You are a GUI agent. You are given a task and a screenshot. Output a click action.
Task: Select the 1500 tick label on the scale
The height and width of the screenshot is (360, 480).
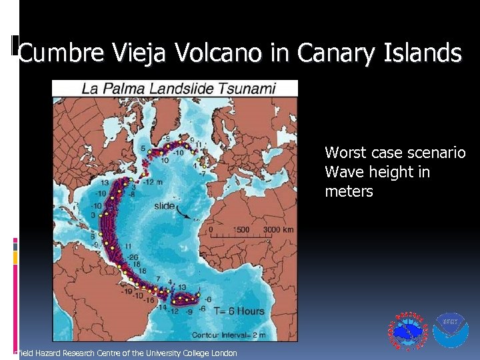[x=241, y=230]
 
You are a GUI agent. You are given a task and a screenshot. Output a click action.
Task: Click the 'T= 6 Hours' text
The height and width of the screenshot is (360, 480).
[x=239, y=311]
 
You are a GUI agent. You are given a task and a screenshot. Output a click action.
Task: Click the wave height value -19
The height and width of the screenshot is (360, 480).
[x=127, y=291]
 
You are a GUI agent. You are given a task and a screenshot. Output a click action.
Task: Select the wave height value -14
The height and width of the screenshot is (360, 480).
[x=161, y=307]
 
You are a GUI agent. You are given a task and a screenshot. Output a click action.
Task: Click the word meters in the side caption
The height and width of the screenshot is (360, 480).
[x=349, y=192]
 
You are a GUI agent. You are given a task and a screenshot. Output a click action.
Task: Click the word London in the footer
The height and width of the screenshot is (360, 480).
[x=223, y=353]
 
